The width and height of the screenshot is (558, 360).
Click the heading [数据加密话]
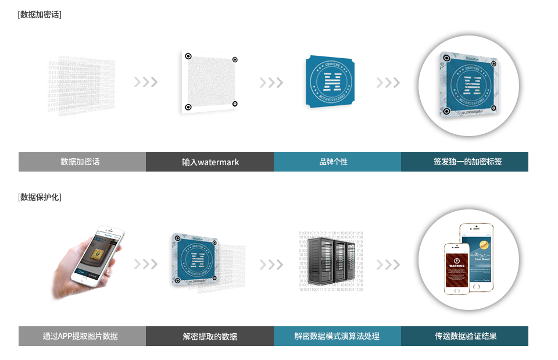tap(40, 15)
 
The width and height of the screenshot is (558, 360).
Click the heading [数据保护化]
tap(40, 197)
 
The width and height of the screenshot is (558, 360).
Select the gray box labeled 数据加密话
tap(82, 162)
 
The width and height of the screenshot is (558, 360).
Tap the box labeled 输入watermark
tap(210, 162)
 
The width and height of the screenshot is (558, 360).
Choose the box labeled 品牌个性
tap(337, 162)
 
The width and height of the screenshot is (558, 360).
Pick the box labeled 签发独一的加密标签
tap(464, 162)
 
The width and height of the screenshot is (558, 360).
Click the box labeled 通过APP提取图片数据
tap(82, 336)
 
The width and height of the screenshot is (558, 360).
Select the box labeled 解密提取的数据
tap(210, 336)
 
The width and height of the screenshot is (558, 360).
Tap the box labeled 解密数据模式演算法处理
tap(337, 336)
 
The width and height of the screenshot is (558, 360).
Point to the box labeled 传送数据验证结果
tap(464, 336)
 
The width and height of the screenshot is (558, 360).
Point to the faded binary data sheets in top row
tap(81, 84)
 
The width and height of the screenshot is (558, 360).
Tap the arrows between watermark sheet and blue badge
tap(271, 83)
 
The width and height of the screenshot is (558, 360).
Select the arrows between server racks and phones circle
tap(388, 265)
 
